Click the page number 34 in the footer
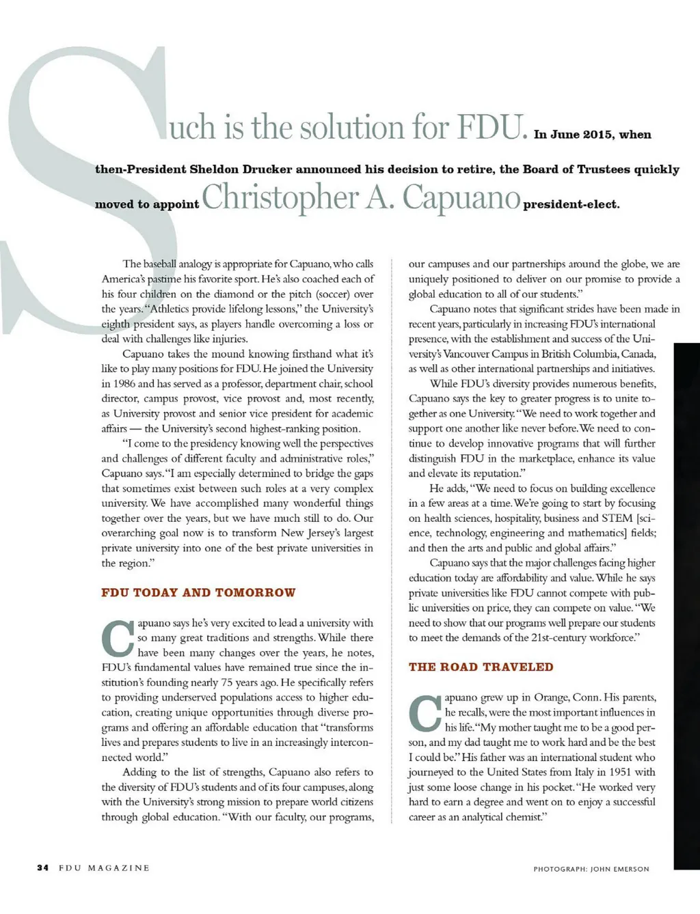click(42, 868)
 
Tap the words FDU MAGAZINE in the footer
click(104, 868)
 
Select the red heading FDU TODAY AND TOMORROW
click(198, 592)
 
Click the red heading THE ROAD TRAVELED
click(481, 667)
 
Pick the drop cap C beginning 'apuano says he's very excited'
click(117, 637)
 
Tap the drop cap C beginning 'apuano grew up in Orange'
click(425, 712)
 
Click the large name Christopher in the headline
click(280, 197)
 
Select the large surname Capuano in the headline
click(461, 197)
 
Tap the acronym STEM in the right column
click(616, 518)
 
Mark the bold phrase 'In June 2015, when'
click(593, 135)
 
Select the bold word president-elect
click(571, 204)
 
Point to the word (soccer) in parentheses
click(330, 294)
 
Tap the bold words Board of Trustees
click(577, 169)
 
